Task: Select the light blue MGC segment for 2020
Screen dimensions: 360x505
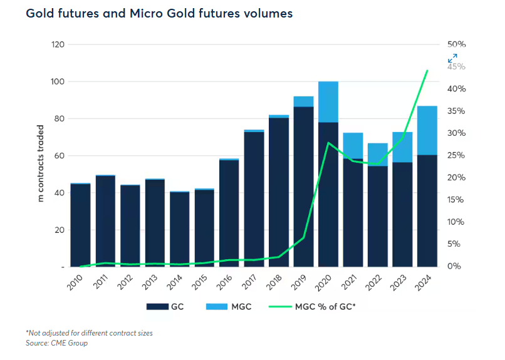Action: [x=328, y=101]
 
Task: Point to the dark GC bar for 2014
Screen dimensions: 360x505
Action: [x=179, y=229]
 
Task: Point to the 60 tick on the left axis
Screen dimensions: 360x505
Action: [x=58, y=156]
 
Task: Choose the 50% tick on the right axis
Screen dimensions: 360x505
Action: [x=457, y=45]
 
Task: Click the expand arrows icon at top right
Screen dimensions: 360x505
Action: [x=452, y=58]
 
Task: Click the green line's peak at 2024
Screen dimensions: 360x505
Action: [x=427, y=71]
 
